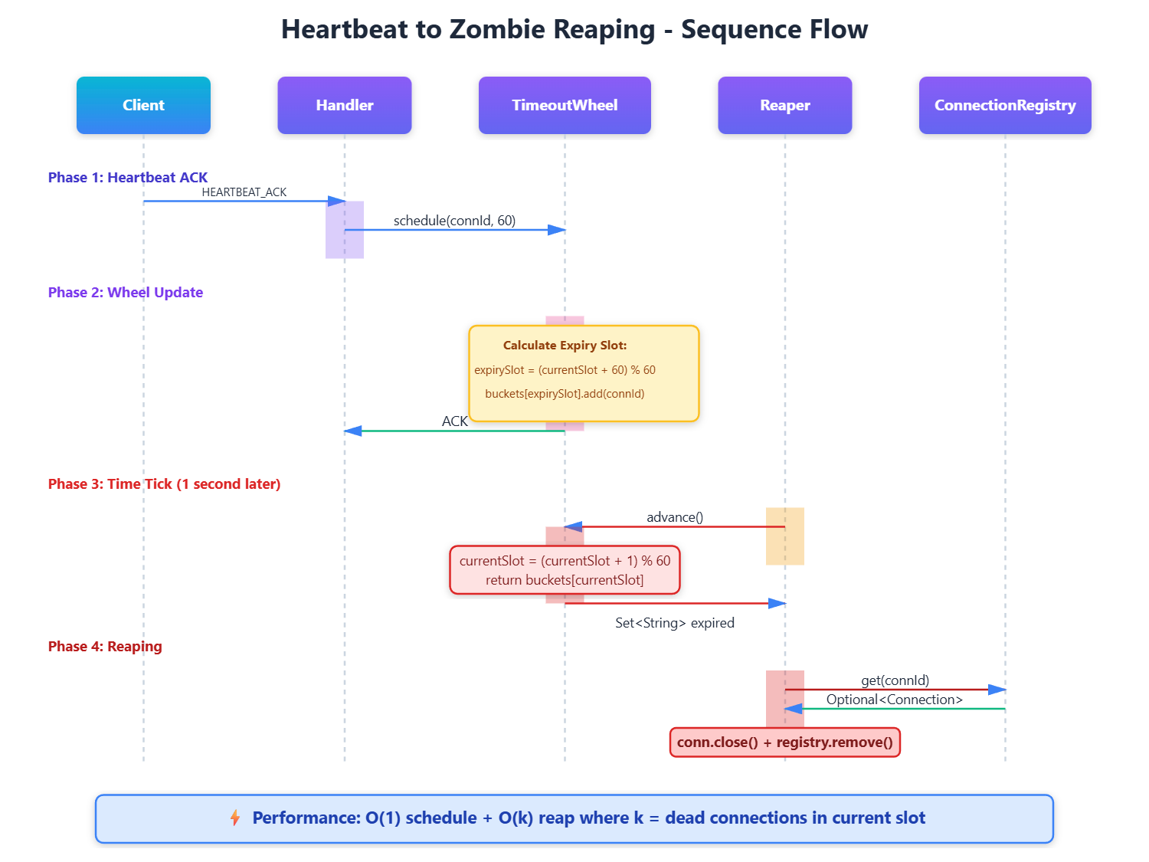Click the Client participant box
point(143,105)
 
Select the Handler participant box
point(344,105)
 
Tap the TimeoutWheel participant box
point(565,105)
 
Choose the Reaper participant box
point(784,105)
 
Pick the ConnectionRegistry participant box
point(1005,105)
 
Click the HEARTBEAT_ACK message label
point(244,192)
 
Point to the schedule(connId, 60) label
point(454,221)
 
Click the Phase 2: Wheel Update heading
point(126,292)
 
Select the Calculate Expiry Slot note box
point(584,373)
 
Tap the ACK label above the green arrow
point(454,421)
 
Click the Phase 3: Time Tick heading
point(164,483)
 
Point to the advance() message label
point(675,517)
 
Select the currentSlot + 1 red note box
point(565,570)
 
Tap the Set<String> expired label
point(675,623)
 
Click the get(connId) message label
point(895,680)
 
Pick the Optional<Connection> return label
point(895,700)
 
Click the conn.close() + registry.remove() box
point(784,742)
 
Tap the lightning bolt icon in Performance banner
point(235,818)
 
